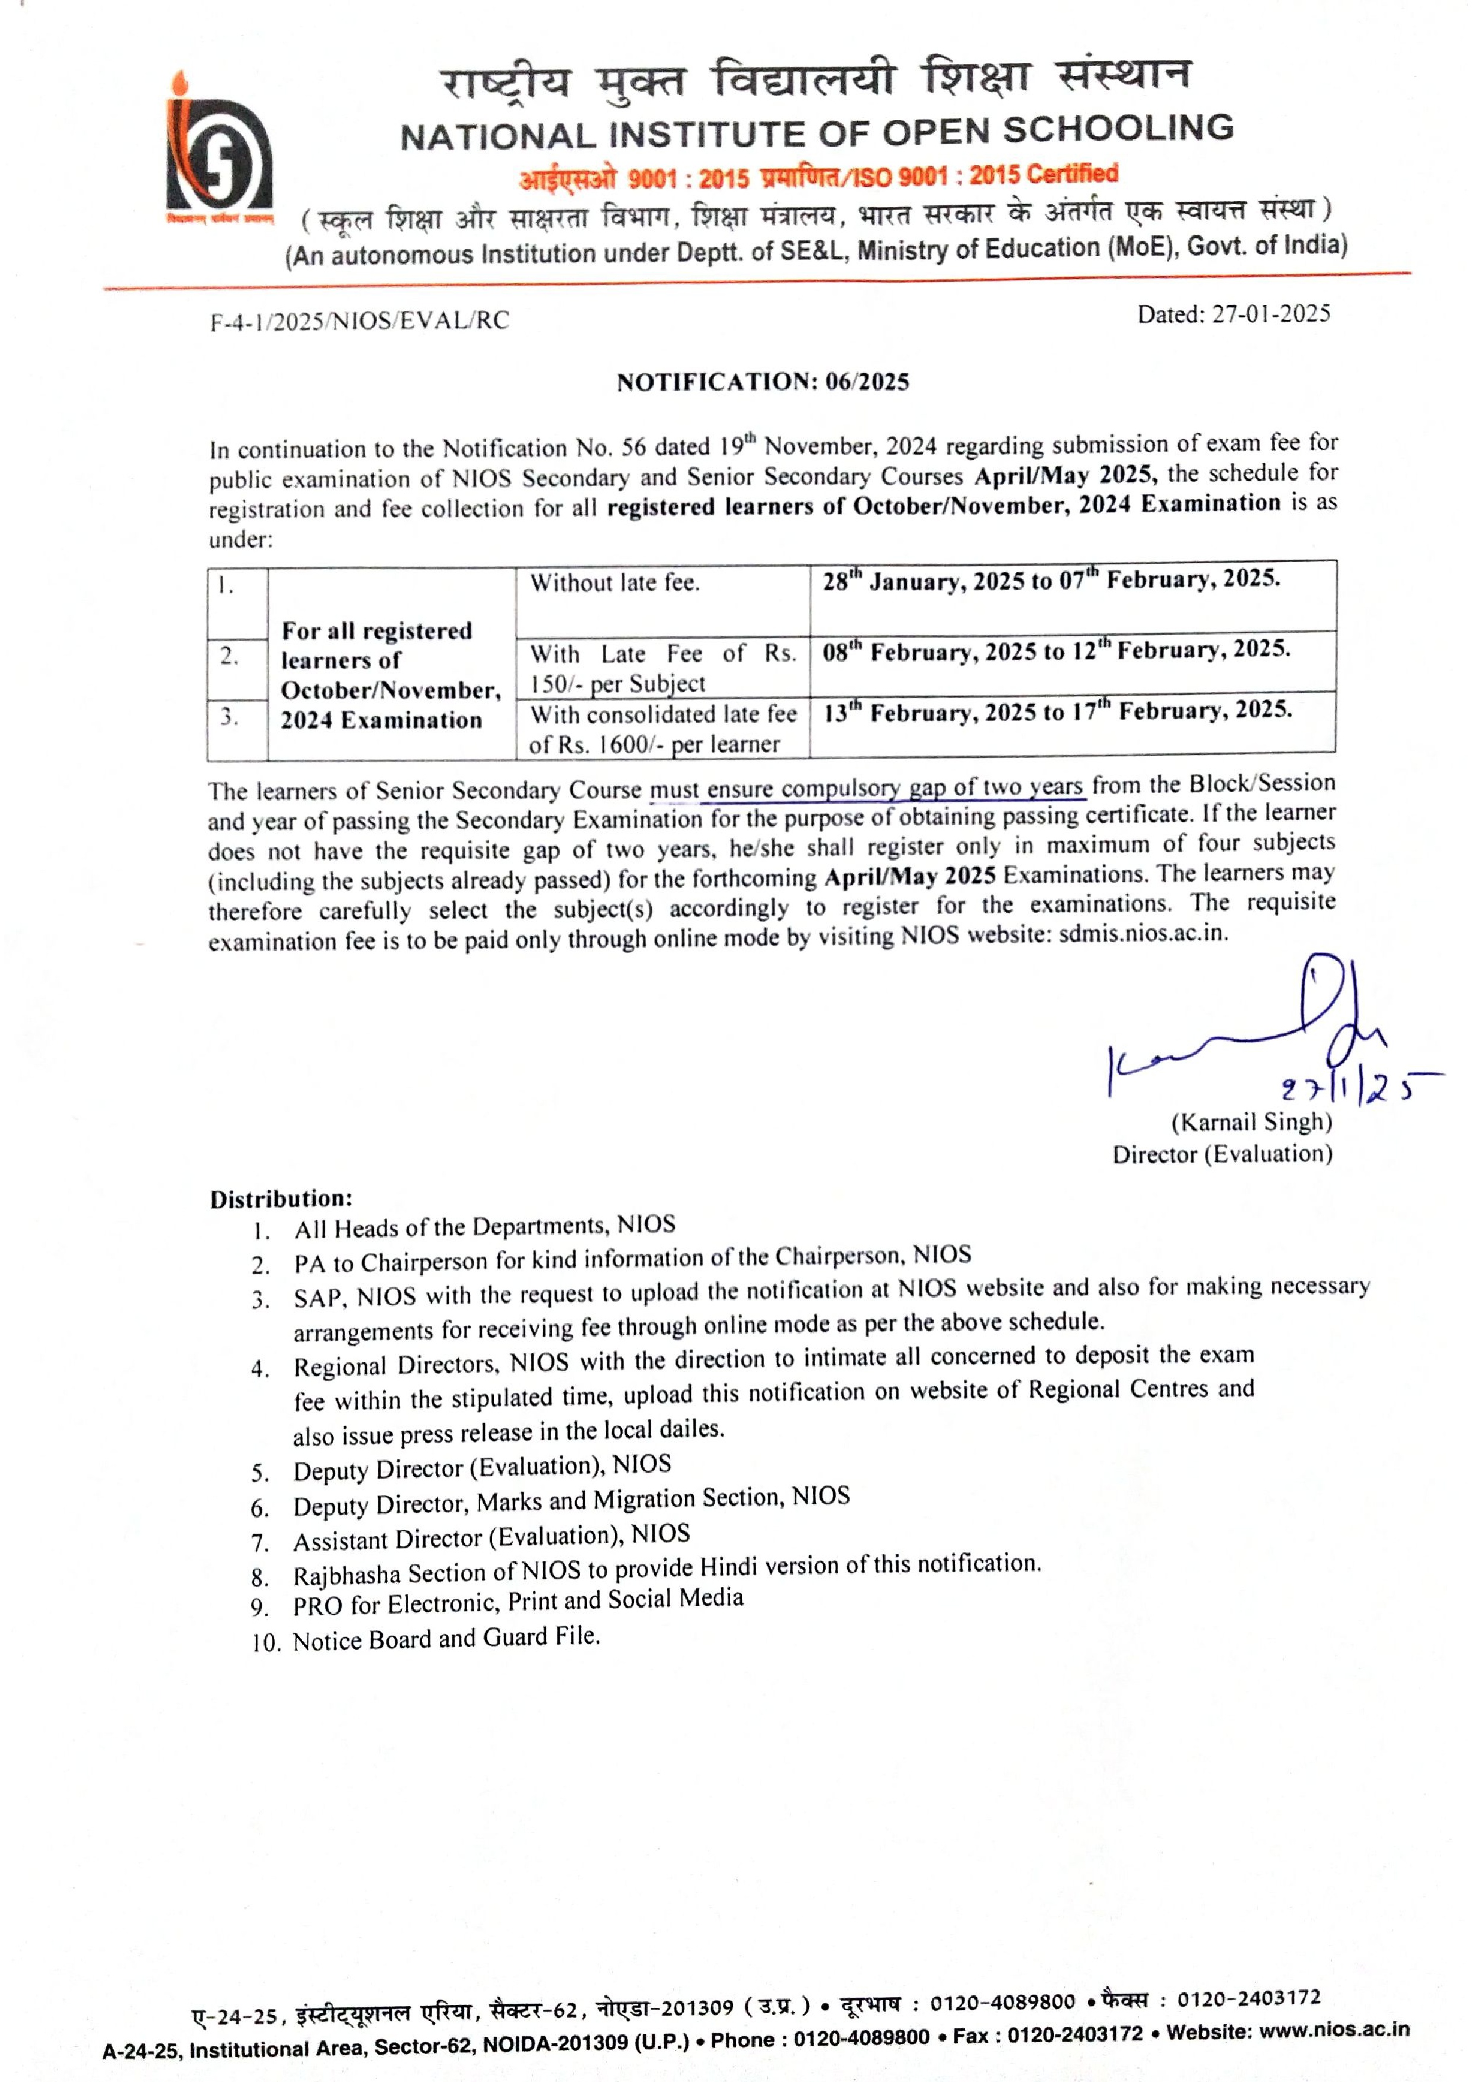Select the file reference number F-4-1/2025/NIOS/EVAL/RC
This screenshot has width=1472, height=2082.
tap(359, 321)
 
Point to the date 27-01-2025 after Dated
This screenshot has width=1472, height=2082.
tap(1271, 314)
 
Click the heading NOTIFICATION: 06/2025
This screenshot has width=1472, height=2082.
tap(763, 382)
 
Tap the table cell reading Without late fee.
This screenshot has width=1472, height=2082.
tap(615, 583)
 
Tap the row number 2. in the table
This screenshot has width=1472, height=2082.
tap(230, 656)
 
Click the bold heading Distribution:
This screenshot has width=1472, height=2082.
tap(281, 1199)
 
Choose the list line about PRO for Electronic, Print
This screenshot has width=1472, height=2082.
tap(517, 1601)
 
